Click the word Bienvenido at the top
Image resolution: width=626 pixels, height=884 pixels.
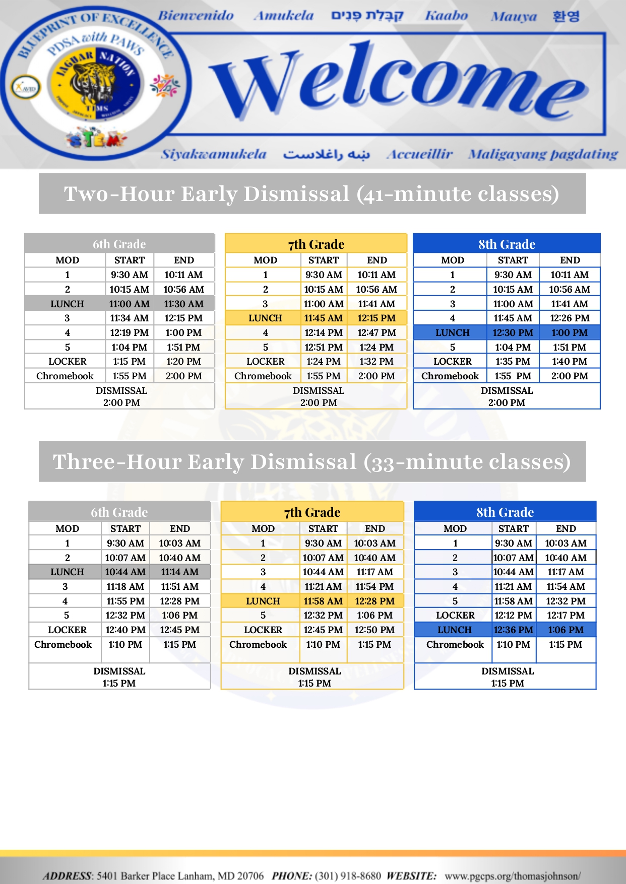[196, 16]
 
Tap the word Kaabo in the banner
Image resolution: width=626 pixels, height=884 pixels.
[446, 16]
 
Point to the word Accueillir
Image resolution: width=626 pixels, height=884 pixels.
[419, 154]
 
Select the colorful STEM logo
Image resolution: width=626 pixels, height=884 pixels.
[96, 138]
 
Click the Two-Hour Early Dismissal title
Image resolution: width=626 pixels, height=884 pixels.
[311, 194]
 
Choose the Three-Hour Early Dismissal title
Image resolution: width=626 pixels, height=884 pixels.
[311, 462]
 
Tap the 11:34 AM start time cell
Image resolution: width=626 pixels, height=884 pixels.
[130, 318]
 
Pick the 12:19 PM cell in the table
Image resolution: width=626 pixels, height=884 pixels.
[130, 333]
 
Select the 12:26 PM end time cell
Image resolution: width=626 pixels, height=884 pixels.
[570, 318]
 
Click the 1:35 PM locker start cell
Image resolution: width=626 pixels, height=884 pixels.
[513, 362]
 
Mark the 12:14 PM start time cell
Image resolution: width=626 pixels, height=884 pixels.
[323, 333]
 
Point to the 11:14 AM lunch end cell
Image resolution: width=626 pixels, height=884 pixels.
[179, 572]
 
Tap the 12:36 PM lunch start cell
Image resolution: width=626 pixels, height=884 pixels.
[513, 630]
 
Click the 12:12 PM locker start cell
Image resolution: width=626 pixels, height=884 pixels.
[513, 616]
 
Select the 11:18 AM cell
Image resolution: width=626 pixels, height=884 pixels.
[125, 587]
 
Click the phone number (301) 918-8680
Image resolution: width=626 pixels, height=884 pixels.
[348, 876]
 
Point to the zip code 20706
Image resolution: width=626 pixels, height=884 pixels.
[250, 876]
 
